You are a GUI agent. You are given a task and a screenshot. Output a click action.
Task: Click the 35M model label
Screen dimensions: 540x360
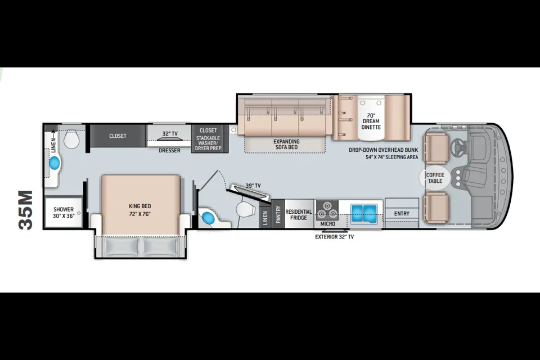pyautogui.click(x=26, y=210)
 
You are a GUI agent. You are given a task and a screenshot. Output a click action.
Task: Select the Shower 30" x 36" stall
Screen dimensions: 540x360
pyautogui.click(x=64, y=212)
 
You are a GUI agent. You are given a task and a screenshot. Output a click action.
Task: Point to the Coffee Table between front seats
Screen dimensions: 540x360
pyautogui.click(x=435, y=178)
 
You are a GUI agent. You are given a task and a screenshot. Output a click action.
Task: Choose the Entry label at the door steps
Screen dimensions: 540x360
pyautogui.click(x=402, y=214)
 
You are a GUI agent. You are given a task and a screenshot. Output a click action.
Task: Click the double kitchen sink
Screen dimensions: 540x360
pyautogui.click(x=364, y=213)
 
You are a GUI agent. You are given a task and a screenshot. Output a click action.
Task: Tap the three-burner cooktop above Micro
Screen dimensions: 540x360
pyautogui.click(x=327, y=210)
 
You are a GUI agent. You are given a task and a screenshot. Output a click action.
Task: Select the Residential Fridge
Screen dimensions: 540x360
pyautogui.click(x=299, y=214)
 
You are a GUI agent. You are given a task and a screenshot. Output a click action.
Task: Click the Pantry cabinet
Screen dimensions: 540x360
pyautogui.click(x=278, y=214)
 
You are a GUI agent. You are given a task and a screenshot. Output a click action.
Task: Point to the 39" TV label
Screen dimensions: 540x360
pyautogui.click(x=253, y=186)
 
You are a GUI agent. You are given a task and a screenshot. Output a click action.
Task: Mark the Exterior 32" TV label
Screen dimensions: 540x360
pyautogui.click(x=334, y=237)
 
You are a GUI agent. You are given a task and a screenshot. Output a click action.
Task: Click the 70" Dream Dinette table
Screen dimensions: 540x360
pyautogui.click(x=371, y=118)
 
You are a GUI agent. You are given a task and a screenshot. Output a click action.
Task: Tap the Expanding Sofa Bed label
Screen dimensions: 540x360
pyautogui.click(x=286, y=145)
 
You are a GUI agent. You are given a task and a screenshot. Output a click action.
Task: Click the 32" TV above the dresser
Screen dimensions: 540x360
pyautogui.click(x=170, y=138)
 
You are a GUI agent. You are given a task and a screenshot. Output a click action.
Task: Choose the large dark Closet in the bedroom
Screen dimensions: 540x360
pyautogui.click(x=118, y=136)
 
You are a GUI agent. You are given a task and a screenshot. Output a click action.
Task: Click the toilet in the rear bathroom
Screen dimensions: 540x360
pyautogui.click(x=71, y=139)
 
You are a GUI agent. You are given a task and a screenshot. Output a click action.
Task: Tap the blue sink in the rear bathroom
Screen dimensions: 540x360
pyautogui.click(x=55, y=163)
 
